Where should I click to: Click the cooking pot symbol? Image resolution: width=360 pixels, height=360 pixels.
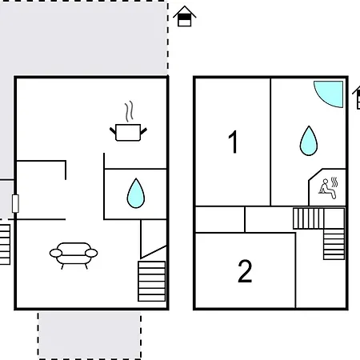tap(128, 133)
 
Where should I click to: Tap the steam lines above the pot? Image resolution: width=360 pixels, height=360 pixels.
tap(129, 111)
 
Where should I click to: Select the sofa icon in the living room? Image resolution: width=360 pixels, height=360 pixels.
tap(74, 255)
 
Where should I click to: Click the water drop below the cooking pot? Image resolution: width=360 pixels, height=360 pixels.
tap(136, 194)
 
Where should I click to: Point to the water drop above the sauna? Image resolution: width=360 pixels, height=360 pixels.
tap(309, 141)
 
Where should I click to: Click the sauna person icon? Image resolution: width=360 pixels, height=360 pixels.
tap(327, 189)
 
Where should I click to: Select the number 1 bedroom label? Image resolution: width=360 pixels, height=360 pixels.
tap(234, 142)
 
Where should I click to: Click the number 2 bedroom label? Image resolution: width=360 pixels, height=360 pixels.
tap(245, 271)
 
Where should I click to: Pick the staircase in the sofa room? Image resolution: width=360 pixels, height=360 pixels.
tap(152, 281)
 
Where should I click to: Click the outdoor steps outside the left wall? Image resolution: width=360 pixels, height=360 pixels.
tap(5, 245)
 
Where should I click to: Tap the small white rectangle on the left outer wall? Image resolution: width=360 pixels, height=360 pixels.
tap(15, 204)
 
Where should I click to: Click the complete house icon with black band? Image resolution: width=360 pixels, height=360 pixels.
tap(185, 17)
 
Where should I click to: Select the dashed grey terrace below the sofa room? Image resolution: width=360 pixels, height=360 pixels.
tap(90, 336)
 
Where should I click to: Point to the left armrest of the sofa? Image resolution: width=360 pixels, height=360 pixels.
tap(56, 253)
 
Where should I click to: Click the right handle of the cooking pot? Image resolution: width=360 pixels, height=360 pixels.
tap(143, 131)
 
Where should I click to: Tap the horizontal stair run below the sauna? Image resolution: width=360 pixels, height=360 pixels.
tap(309, 218)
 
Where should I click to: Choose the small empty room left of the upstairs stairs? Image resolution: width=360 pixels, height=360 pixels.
tap(220, 219)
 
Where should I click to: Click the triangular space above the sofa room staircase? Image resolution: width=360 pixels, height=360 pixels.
tap(154, 238)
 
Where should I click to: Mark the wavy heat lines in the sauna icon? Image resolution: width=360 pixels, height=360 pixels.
tap(334, 182)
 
